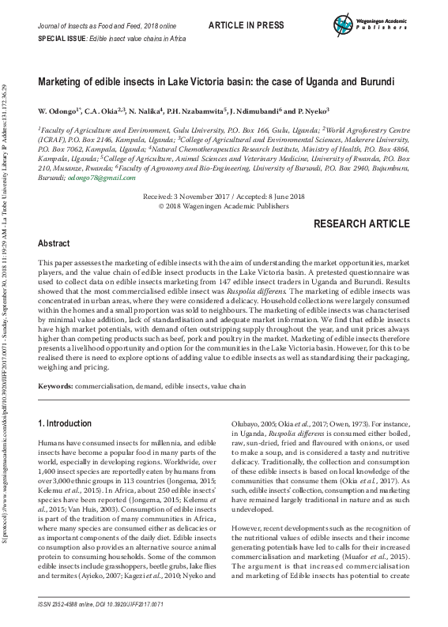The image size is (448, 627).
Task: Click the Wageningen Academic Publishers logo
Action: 364,23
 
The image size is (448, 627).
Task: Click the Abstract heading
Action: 55,244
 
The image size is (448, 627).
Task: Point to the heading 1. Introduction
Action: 66,423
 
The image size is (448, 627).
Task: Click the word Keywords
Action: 56,385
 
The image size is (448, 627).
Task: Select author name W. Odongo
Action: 58,111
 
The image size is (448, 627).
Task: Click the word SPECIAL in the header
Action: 51,39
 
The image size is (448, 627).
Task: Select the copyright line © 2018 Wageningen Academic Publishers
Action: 224,205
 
